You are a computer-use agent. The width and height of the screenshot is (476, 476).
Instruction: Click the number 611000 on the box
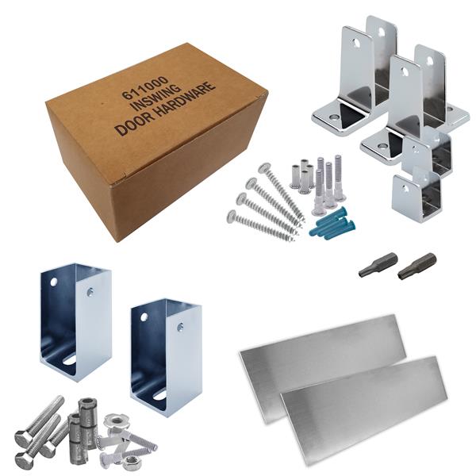(145, 88)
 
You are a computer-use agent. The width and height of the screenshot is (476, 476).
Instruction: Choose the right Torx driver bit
(416, 265)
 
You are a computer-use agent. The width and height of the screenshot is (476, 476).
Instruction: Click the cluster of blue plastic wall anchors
(332, 224)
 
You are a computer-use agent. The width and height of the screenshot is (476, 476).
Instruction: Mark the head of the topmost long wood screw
(264, 167)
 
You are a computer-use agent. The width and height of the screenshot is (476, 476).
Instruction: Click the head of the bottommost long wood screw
(232, 215)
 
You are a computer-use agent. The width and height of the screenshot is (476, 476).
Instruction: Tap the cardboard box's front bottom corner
(117, 242)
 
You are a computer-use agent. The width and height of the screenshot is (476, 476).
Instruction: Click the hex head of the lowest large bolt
(24, 461)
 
